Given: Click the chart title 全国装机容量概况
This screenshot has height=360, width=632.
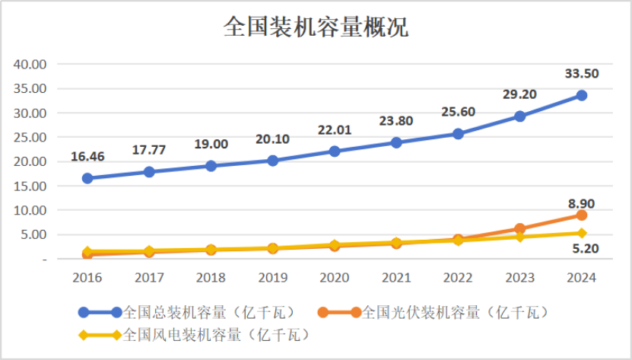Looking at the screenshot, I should point(316,28).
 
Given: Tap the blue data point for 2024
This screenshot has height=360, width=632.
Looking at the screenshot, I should point(581,95).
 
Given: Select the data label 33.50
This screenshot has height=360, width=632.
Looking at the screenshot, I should point(581,73).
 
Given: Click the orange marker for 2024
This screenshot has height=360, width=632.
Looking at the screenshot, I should point(581,215).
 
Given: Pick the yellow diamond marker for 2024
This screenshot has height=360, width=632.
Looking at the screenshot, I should point(581,233).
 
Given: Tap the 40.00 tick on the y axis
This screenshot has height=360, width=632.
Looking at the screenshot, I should point(31,65).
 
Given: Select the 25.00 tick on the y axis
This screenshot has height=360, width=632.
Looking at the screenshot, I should point(31,138).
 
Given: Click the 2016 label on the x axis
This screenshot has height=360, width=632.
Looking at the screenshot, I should point(87,277).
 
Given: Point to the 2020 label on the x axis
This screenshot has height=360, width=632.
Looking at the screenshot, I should point(334,277).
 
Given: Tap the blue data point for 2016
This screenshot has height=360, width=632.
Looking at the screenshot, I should point(87,178).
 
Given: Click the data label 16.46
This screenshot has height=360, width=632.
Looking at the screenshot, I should point(87,157).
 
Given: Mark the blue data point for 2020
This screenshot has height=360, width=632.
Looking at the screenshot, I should point(334,151).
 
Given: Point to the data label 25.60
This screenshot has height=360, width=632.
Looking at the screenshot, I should point(458,112).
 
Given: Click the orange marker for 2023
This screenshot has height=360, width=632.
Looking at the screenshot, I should point(519,228).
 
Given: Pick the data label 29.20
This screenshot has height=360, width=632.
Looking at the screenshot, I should point(519,94).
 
